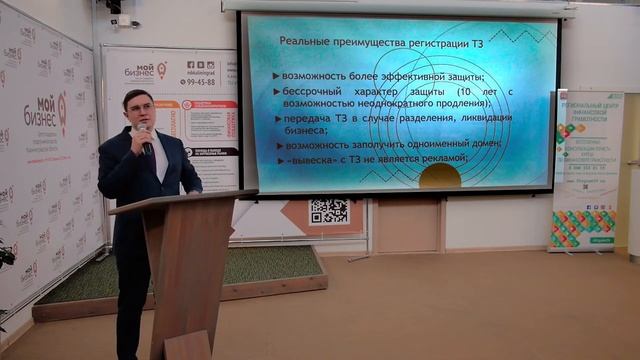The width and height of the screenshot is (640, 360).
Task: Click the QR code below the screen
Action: pos(328,210)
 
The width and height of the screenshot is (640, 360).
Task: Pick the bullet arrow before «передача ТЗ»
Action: pos(275,119)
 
